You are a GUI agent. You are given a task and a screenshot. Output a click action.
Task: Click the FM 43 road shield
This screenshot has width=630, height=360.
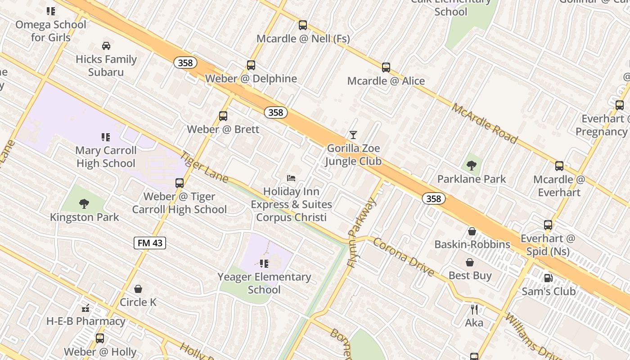tap(150, 243)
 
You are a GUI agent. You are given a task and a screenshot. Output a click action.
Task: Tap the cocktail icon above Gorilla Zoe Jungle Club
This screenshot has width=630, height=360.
tap(353, 135)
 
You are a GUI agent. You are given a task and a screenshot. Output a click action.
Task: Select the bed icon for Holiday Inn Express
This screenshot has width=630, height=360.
tap(291, 178)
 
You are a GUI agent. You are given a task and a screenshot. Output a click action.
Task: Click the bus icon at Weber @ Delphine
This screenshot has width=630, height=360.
tap(251, 65)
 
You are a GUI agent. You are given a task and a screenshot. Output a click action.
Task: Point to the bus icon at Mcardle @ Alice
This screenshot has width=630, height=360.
tap(386, 67)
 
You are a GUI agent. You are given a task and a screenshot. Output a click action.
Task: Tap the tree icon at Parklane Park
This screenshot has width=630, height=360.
tap(472, 166)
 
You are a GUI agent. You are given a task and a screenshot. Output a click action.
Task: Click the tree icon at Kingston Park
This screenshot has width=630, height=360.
tap(84, 204)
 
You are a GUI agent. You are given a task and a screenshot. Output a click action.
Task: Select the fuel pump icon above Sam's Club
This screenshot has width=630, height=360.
tap(548, 278)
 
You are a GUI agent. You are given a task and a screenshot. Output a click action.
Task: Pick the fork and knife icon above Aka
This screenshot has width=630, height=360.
tap(474, 309)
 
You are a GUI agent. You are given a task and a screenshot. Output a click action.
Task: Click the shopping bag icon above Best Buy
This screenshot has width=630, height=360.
tap(470, 262)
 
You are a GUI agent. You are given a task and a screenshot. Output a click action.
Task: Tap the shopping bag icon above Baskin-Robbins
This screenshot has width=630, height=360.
tap(472, 231)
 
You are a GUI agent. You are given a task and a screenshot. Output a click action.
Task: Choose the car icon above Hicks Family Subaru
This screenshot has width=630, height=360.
tap(106, 45)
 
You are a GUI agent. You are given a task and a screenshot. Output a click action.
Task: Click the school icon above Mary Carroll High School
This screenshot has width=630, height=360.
tap(106, 137)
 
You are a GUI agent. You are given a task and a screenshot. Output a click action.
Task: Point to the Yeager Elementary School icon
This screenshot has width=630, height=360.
tap(264, 263)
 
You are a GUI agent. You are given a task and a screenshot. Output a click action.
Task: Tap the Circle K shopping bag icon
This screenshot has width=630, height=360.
tap(138, 289)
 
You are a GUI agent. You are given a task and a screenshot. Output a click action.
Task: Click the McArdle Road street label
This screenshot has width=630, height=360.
tap(485, 123)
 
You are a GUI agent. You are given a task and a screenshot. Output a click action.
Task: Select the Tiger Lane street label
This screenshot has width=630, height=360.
tap(204, 166)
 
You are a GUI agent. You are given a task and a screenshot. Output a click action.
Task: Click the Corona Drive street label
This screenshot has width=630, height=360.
tap(404, 257)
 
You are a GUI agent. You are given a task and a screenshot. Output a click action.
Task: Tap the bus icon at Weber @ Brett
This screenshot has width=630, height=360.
tap(223, 116)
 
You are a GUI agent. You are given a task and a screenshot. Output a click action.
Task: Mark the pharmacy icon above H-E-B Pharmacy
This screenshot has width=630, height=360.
tap(85, 308)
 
